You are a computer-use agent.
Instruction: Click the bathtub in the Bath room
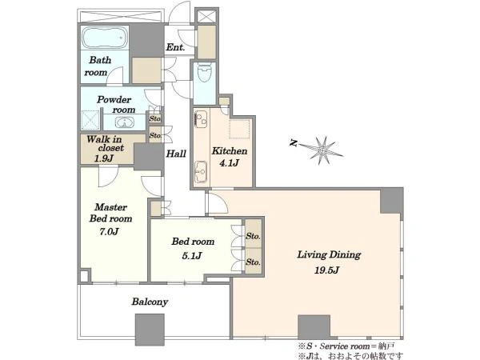[105, 38]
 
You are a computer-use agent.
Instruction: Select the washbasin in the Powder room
[124, 123]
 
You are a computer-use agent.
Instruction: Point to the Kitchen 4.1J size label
[229, 163]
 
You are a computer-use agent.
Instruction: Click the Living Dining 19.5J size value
[327, 270]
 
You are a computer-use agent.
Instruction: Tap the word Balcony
[150, 302]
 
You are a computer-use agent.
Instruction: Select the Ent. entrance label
[176, 47]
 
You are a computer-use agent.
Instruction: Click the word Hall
[176, 154]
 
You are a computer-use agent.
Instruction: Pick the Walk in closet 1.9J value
[104, 158]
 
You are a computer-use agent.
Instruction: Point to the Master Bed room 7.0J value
[109, 232]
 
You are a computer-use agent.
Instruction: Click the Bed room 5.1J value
[192, 256]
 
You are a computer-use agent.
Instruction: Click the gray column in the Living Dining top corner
[391, 201]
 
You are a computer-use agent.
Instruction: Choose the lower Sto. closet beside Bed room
[253, 261]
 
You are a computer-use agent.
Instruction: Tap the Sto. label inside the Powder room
[155, 118]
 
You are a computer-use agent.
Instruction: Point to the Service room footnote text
[346, 346]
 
